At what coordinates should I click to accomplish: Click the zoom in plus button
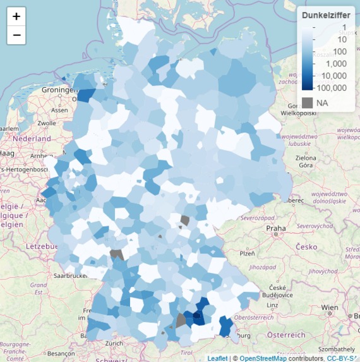16,16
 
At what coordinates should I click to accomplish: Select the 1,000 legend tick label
334,63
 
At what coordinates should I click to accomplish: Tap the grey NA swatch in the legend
308,102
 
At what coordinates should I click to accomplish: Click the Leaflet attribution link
217,358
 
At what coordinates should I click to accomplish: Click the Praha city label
276,228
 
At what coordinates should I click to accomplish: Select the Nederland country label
25,138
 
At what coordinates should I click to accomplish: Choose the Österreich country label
285,334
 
